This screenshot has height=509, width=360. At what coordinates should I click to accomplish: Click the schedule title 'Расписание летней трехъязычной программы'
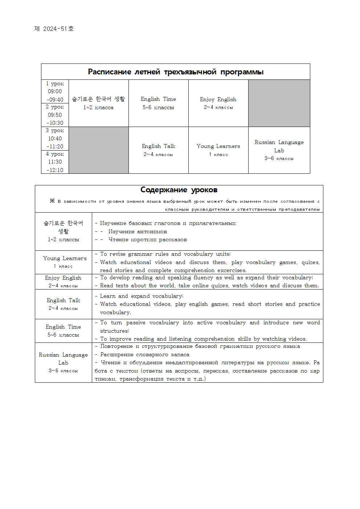(176, 72)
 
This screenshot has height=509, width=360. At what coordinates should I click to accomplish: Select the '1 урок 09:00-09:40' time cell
(55, 91)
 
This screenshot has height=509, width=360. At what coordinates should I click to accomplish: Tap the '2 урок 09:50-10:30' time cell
(55, 115)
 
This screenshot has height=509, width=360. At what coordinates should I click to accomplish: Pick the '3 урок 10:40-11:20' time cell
(55, 139)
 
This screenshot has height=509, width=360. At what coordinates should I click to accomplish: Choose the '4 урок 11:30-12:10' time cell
(55, 162)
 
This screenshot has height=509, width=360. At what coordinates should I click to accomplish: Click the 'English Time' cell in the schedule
(158, 103)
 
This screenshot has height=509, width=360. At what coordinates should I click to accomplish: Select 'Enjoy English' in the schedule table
(218, 103)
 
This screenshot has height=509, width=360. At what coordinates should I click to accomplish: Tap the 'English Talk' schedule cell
(158, 150)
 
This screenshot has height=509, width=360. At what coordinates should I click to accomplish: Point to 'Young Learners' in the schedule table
(218, 150)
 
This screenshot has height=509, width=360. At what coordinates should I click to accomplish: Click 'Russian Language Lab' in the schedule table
(279, 150)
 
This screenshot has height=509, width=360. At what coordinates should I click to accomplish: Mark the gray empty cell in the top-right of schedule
(279, 103)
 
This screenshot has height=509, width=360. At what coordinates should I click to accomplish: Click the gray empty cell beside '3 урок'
(98, 150)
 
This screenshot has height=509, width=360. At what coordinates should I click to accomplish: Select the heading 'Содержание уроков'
(179, 190)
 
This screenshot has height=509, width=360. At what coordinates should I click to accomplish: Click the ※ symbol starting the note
(52, 201)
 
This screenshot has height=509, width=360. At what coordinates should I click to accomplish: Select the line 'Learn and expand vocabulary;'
(142, 296)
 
